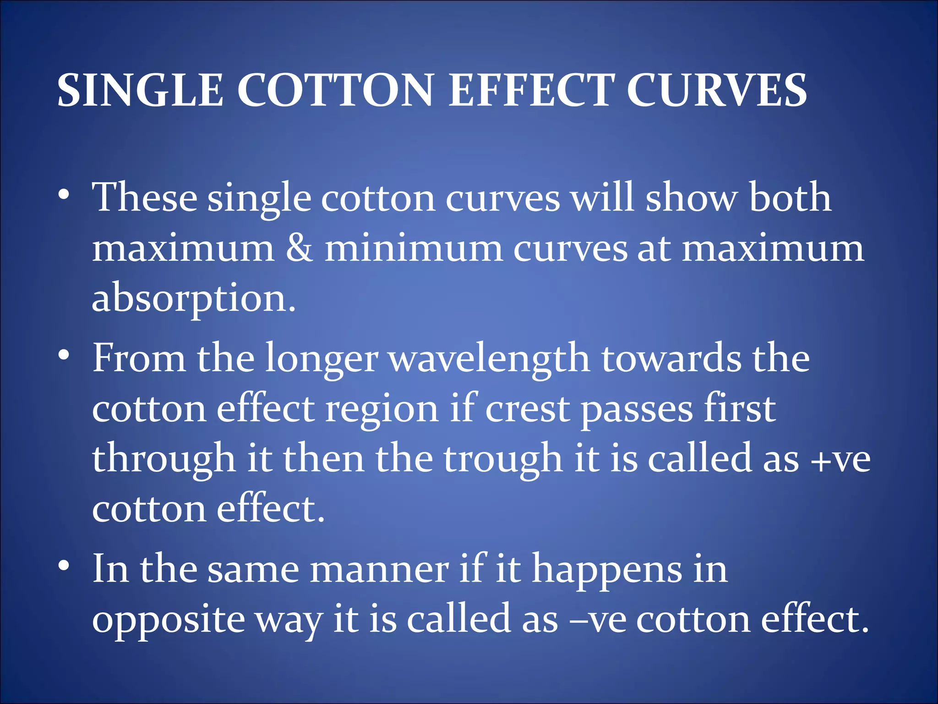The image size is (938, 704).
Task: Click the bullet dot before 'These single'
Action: point(64,195)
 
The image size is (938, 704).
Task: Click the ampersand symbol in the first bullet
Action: point(300,248)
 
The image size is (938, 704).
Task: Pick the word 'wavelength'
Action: point(489,358)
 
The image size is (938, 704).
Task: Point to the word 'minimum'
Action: point(414,248)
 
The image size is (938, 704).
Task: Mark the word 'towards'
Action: point(671,358)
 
